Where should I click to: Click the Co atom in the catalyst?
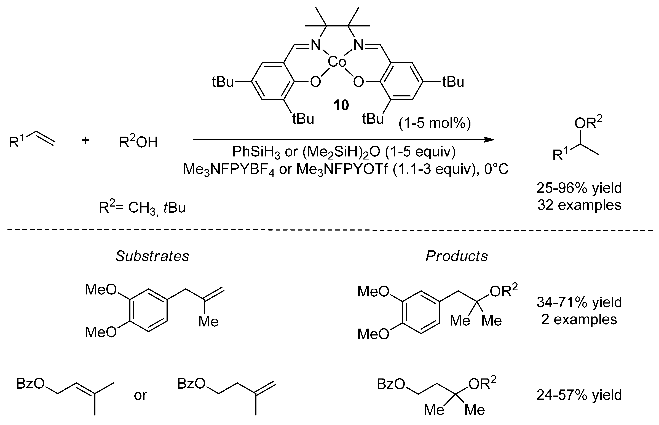[337, 62]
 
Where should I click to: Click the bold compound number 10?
[341, 105]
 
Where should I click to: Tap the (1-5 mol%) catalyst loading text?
[435, 123]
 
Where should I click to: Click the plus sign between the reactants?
[86, 140]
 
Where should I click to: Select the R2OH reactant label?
[138, 142]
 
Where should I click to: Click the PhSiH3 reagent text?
[256, 152]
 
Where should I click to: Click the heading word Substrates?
[152, 256]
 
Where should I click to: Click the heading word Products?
[457, 256]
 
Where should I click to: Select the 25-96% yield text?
[579, 188]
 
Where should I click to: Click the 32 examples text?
[579, 205]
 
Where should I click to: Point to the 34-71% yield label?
[579, 302]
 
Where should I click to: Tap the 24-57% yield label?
[579, 395]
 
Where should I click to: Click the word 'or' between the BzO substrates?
[141, 395]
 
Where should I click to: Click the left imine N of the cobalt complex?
[316, 45]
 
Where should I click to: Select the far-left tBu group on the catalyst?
[223, 82]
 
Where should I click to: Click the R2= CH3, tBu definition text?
[142, 208]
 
